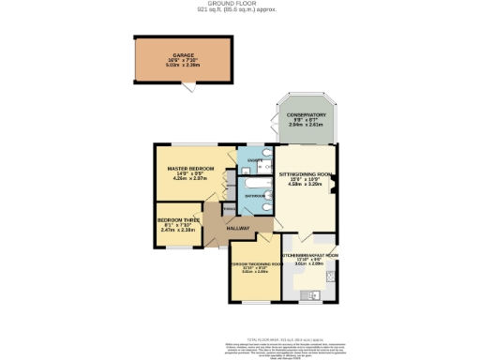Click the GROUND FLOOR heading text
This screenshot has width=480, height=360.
(x=239, y=4)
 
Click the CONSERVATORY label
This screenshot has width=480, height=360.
(x=306, y=114)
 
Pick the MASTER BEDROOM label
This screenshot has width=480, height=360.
(x=185, y=168)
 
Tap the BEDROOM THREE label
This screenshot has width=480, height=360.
(x=178, y=219)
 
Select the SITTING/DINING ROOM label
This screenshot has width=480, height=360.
(x=307, y=175)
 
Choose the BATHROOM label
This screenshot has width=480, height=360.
(x=254, y=196)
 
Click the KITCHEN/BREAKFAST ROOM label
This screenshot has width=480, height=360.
(x=309, y=255)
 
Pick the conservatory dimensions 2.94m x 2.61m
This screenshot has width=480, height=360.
(x=306, y=125)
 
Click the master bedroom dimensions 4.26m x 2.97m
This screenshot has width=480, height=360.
(x=185, y=178)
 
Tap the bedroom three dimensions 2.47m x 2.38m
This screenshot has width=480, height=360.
(x=178, y=230)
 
